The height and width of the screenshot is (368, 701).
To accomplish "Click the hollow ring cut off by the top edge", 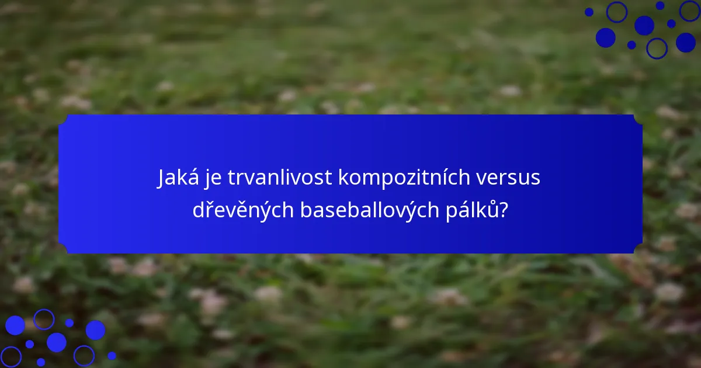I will pos(689,10).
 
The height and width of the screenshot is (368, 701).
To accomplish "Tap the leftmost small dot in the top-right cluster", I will pos(589,12).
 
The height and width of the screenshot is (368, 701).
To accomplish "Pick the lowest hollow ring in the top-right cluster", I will pos(657,48).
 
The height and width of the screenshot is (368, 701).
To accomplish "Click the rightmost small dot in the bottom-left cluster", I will pos(112,355).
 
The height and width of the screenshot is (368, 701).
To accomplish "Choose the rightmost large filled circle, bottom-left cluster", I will pos(95,330).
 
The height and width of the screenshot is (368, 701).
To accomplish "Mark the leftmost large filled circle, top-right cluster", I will pos(606,37).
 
